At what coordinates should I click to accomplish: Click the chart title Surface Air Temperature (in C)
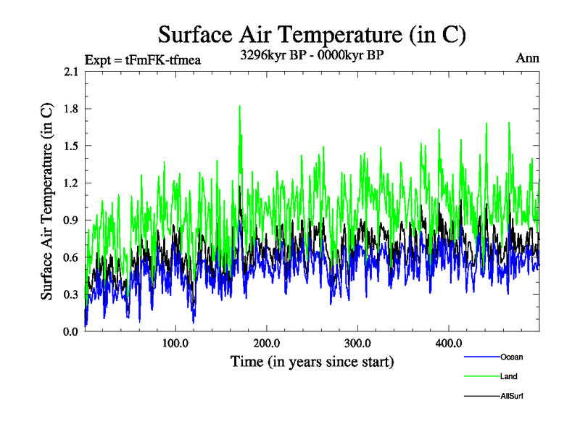[x=312, y=34]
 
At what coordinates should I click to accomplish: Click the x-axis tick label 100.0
[x=175, y=343]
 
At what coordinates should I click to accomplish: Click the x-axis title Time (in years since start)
[x=312, y=361]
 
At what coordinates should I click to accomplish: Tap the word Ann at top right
[x=527, y=58]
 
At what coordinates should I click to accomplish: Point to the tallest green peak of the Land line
[x=239, y=107]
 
